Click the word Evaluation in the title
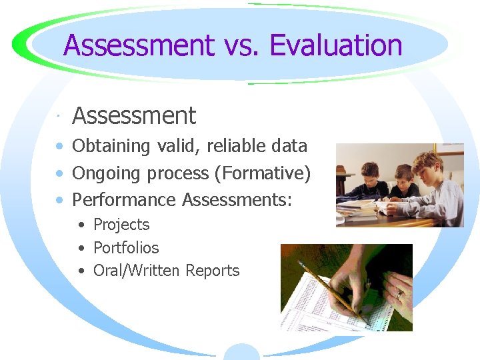pos(336,46)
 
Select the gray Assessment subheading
pos(134,116)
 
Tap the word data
pos(290,145)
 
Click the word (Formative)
pos(263,173)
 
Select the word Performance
pos(124,199)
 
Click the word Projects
pos(121,225)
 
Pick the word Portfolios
pos(126,248)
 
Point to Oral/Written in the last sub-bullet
pos(137,271)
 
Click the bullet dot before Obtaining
pos(61,147)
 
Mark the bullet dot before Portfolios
pos(81,249)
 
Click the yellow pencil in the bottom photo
pos(327,286)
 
